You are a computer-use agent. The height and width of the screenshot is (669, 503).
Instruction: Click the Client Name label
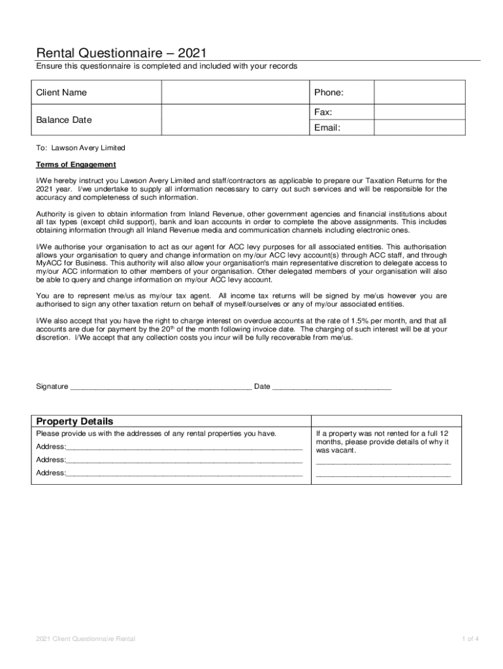point(61,93)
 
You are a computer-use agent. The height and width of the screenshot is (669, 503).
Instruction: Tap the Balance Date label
point(64,120)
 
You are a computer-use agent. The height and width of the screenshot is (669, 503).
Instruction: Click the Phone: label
point(329,93)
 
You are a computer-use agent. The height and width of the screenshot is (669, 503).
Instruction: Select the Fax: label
point(323,112)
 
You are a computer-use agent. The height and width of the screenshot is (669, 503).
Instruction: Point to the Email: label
point(327,127)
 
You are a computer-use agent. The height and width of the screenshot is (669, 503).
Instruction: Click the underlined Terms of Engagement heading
point(76,164)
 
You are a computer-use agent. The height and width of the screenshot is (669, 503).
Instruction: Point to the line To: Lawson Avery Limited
point(80,148)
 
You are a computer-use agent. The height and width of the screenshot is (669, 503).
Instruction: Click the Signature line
point(160,387)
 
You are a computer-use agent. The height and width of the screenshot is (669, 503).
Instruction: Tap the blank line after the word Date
point(331,387)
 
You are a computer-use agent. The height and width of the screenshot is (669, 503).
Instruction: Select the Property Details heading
point(74,421)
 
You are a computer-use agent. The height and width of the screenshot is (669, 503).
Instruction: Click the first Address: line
point(184,447)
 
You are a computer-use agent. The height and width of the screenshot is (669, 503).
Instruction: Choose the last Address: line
point(184,473)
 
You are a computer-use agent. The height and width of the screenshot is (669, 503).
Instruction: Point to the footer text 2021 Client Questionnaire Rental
point(86,638)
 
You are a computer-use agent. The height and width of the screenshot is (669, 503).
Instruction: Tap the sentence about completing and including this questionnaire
point(167,67)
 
